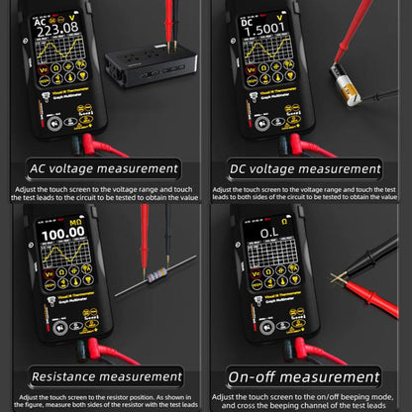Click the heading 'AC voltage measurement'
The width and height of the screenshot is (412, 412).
click(104, 169)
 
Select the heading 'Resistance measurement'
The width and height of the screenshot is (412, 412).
click(104, 375)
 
